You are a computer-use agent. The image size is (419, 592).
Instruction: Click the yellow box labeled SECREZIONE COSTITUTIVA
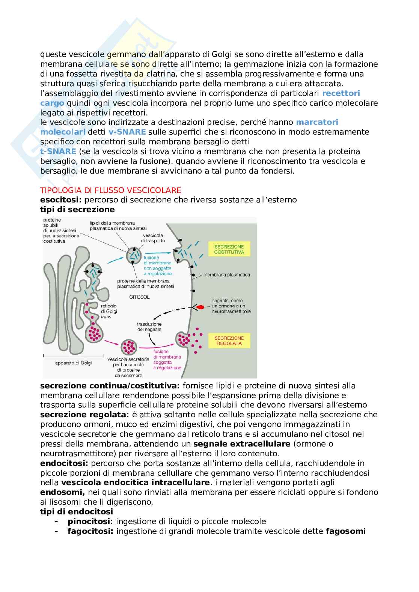(x=229, y=250)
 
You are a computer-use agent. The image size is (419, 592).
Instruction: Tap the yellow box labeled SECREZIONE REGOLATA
(x=229, y=340)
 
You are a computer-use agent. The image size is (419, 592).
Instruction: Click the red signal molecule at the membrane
(x=201, y=307)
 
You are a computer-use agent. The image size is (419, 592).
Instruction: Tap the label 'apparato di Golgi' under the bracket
(x=73, y=363)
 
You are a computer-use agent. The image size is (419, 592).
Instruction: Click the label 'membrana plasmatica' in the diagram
(x=226, y=275)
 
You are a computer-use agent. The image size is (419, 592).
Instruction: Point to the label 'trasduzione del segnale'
(x=149, y=327)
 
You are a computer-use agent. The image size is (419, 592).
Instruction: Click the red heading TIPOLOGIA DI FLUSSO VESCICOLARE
(x=111, y=190)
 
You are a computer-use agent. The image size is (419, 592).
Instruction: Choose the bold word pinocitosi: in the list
(x=90, y=521)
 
